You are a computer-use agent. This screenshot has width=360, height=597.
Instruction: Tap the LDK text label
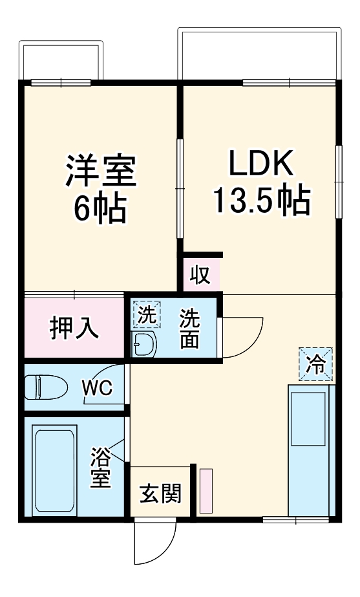[261, 164]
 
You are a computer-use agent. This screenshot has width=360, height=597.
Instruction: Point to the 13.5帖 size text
[261, 202]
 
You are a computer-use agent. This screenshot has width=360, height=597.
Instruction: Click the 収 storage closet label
[200, 275]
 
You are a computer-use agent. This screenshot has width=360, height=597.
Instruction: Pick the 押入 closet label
[75, 328]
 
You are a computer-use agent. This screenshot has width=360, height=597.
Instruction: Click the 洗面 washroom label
[189, 329]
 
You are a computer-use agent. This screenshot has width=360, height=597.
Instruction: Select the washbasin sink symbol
[144, 344]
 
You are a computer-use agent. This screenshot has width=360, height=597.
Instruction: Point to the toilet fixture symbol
[45, 387]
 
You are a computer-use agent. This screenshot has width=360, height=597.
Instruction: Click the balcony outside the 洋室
[62, 61]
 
